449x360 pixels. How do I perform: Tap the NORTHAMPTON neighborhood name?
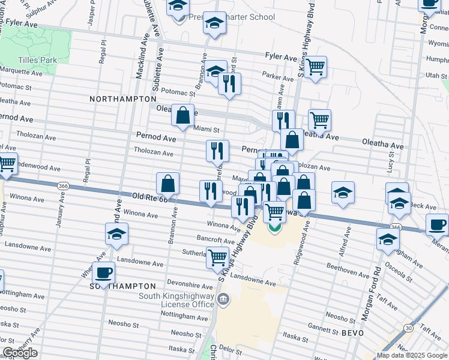[x=119, y=98]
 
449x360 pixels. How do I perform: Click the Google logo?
[x=20, y=353]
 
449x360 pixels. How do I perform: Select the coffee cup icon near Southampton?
[x=104, y=272]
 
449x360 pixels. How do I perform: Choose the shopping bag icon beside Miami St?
[x=182, y=114]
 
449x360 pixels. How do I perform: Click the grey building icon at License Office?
[x=223, y=299]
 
